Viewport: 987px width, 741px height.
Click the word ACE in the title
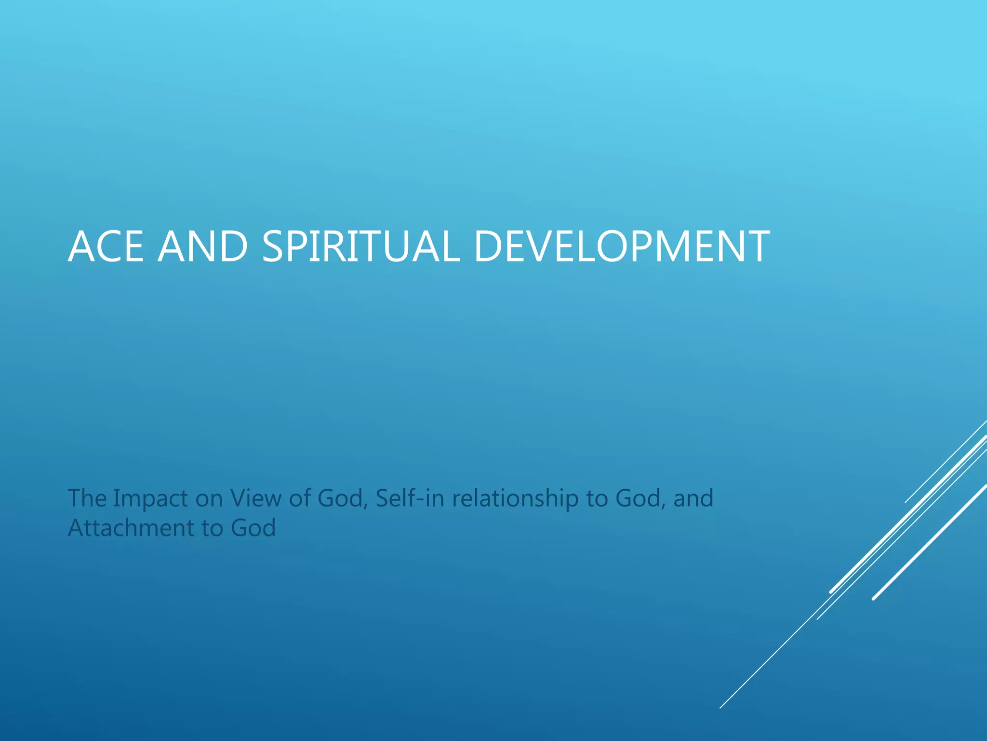click(x=106, y=247)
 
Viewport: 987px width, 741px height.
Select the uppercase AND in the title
click(x=202, y=247)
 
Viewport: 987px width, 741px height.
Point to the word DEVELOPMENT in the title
click(x=621, y=247)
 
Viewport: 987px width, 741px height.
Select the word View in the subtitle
click(x=255, y=498)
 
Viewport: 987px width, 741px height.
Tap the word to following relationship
click(x=596, y=499)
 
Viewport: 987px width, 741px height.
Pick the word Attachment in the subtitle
click(x=130, y=528)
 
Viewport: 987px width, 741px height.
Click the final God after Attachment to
click(x=253, y=528)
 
